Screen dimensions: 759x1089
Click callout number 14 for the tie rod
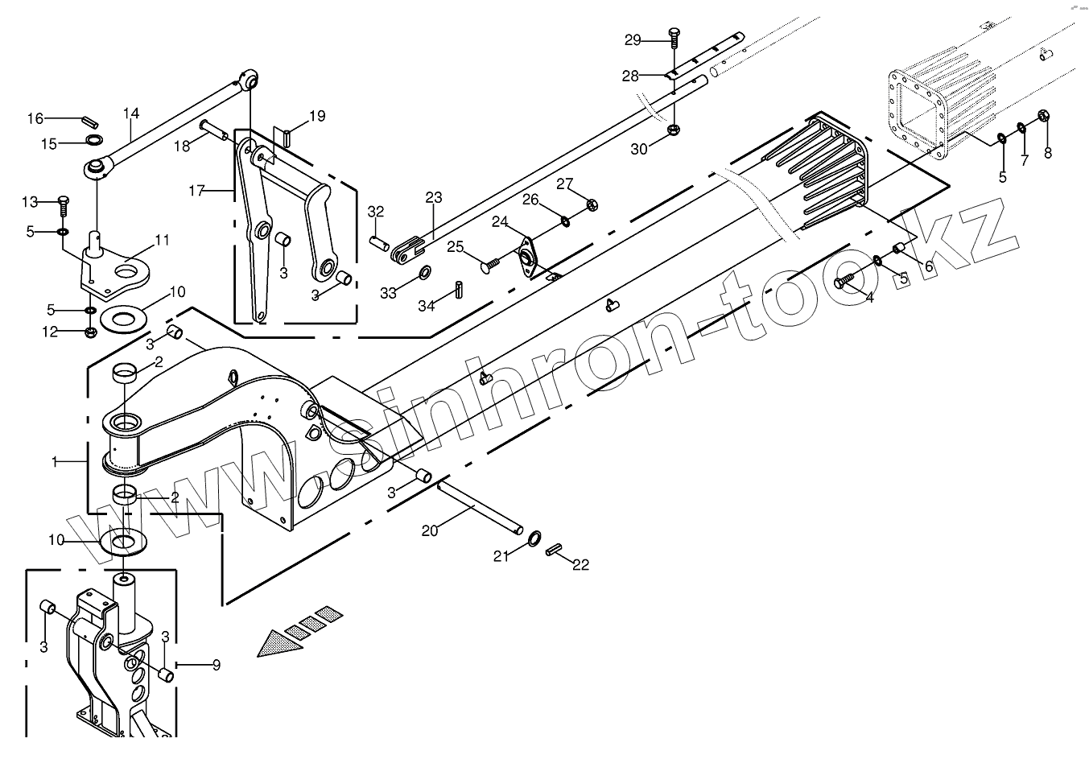131,113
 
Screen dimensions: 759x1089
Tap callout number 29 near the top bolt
633,39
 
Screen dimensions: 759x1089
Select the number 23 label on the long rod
434,198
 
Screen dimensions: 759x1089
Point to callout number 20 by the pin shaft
430,530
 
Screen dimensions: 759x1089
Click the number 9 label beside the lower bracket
216,666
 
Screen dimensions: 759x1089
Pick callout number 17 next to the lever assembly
197,191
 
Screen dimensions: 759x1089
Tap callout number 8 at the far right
1047,152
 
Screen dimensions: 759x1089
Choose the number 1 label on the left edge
55,462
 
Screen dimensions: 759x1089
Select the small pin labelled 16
89,122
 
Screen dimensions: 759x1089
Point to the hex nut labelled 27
592,204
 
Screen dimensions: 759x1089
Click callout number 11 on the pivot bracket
163,240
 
